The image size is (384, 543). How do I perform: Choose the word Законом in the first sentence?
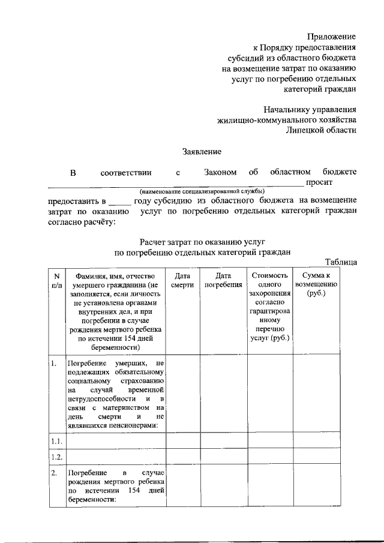[220, 172]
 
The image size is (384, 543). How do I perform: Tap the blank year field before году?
[120, 200]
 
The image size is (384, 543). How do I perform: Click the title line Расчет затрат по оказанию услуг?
[202, 242]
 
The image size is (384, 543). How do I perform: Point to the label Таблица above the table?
[341, 262]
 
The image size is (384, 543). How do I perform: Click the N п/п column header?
[56, 280]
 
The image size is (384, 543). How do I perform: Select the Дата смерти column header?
[182, 280]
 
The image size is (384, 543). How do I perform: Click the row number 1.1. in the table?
[56, 441]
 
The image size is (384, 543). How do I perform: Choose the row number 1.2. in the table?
[56, 457]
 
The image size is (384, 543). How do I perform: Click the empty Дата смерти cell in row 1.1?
[182, 441]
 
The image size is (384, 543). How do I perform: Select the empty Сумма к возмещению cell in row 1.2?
[315, 457]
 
